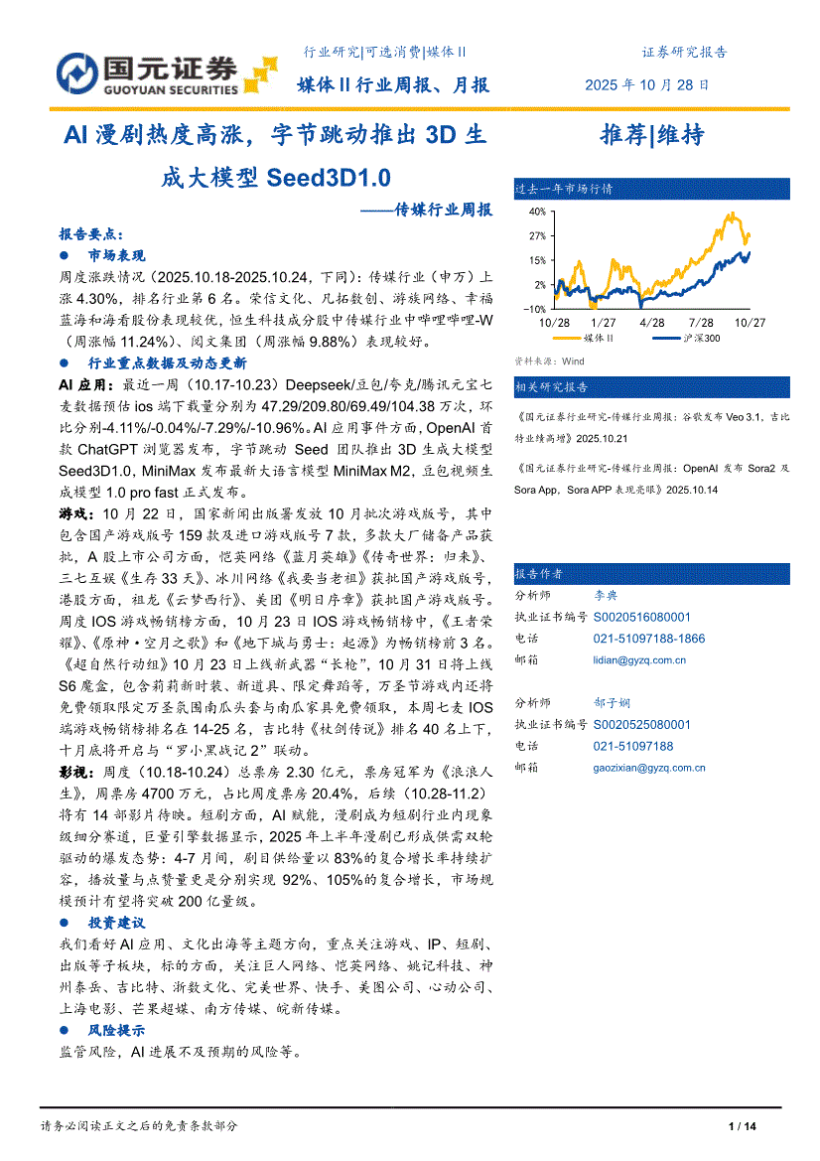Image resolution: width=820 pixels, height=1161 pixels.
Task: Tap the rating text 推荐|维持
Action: [x=651, y=136]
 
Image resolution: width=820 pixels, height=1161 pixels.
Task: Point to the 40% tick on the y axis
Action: [x=537, y=212]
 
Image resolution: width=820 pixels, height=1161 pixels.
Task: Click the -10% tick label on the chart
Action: [x=534, y=309]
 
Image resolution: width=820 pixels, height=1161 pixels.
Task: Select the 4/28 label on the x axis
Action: [x=652, y=323]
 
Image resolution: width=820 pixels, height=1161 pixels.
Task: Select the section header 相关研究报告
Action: [x=551, y=386]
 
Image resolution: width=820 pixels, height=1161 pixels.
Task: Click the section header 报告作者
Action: [x=539, y=574]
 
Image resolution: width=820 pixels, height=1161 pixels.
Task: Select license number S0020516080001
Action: [x=641, y=617]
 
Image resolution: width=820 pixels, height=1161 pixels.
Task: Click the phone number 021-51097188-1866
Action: [x=648, y=639]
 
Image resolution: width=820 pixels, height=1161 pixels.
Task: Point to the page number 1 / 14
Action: [x=743, y=1126]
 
